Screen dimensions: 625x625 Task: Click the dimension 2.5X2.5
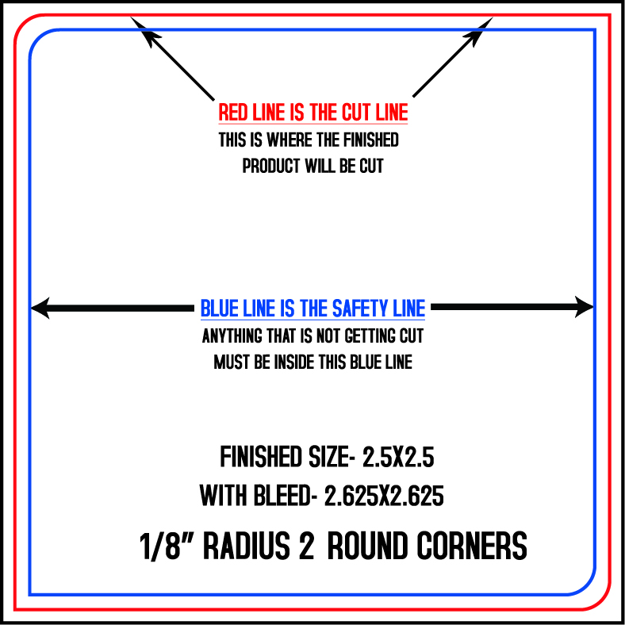[398, 457]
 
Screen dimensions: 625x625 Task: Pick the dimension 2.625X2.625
[384, 496]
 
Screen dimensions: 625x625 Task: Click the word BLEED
[282, 496]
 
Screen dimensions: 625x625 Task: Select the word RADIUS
[247, 546]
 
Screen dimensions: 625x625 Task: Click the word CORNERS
[472, 546]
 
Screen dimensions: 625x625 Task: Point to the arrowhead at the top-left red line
[144, 30]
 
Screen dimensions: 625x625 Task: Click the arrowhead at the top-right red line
[478, 30]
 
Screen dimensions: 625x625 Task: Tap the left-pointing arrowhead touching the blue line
[40, 308]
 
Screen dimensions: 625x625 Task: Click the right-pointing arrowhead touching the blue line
[585, 307]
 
